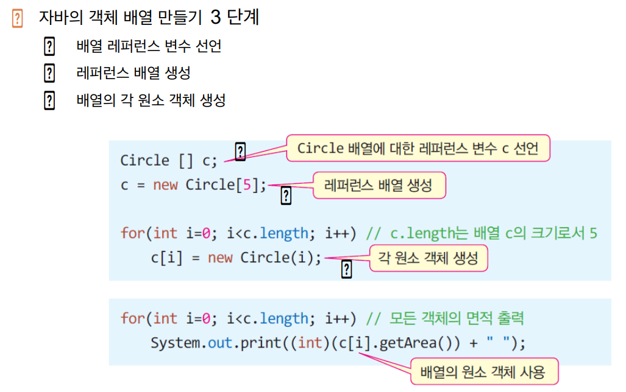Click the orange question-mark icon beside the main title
click(x=17, y=19)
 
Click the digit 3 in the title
click(x=215, y=18)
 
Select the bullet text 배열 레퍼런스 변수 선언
click(x=149, y=46)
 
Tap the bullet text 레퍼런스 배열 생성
click(x=133, y=73)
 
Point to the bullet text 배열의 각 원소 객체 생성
click(x=151, y=100)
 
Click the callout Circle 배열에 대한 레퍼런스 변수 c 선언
click(x=418, y=149)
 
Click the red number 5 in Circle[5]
click(x=247, y=185)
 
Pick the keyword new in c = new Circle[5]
click(x=165, y=185)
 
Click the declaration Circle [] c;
click(x=169, y=161)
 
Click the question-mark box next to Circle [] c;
click(x=240, y=152)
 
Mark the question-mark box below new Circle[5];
click(x=285, y=195)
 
